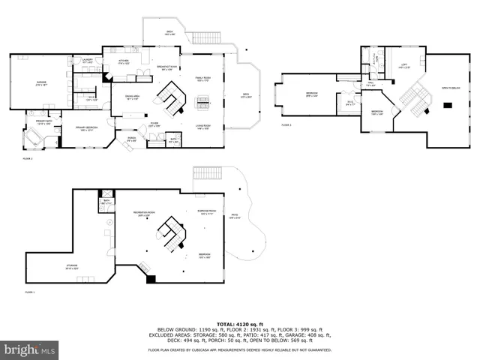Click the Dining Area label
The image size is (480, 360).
pyautogui.click(x=132, y=97)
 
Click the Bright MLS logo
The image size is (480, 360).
pyautogui.click(x=30, y=349)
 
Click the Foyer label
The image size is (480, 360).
pyautogui.click(x=154, y=124)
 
